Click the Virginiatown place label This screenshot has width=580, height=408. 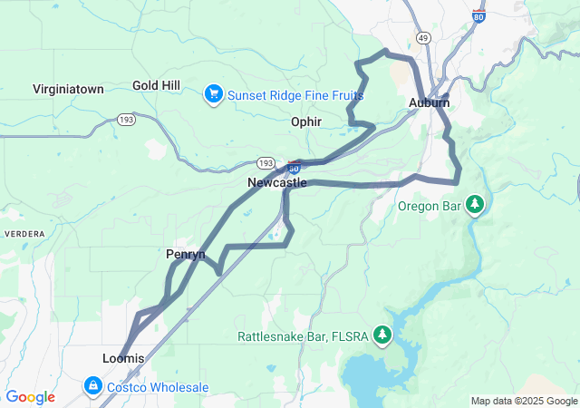tap(68, 89)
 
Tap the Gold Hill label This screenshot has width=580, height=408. tap(156, 85)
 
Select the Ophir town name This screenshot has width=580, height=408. tap(306, 121)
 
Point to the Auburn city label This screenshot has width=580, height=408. tap(429, 102)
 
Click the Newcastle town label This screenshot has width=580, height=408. tap(276, 182)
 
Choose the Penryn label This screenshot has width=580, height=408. tap(185, 254)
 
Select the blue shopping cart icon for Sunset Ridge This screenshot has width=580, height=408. tap(214, 92)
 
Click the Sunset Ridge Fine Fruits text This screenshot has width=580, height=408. tap(295, 94)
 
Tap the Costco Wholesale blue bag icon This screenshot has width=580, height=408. tap(92, 387)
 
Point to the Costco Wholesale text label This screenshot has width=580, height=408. tap(159, 388)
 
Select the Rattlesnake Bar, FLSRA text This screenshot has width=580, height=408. tap(303, 336)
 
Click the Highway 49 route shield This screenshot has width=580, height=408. tap(423, 36)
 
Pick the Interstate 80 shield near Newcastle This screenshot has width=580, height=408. tap(294, 167)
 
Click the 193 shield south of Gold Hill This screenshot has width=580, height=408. tap(125, 119)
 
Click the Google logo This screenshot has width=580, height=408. tap(31, 397)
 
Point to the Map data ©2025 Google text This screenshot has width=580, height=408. tap(523, 401)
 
